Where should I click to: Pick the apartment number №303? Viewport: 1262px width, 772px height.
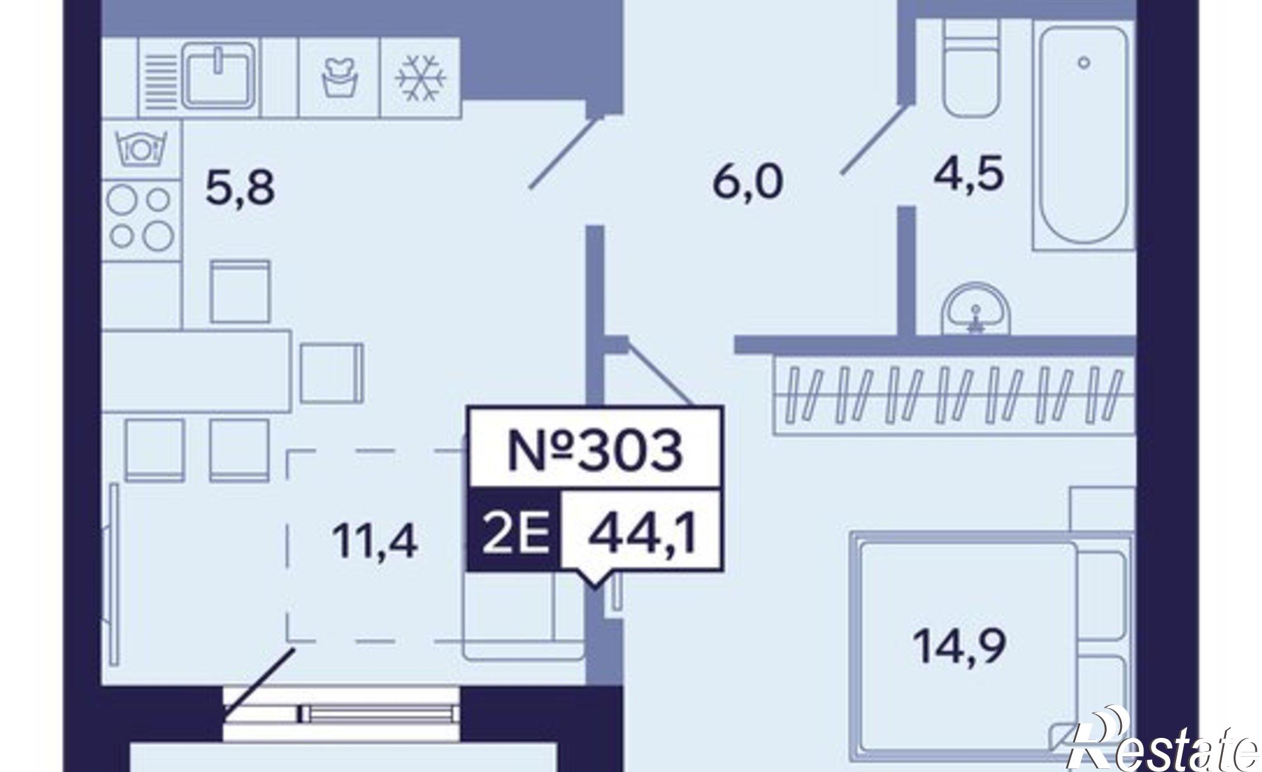[594, 451]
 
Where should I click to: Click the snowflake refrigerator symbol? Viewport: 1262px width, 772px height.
[420, 78]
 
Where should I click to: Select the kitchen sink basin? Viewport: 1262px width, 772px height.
[219, 75]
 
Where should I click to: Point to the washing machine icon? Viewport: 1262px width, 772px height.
[339, 78]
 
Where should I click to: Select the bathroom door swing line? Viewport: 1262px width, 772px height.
[875, 140]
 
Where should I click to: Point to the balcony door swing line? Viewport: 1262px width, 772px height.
[259, 682]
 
